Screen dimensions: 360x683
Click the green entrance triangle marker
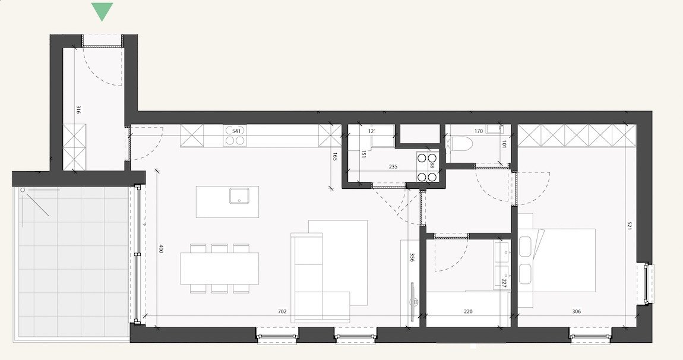(x=103, y=10)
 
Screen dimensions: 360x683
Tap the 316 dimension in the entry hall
(x=78, y=109)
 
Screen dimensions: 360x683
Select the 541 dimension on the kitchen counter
(x=236, y=131)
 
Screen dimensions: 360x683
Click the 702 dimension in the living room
(x=283, y=311)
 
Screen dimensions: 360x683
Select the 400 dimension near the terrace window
(x=160, y=249)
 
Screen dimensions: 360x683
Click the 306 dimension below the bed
(x=576, y=311)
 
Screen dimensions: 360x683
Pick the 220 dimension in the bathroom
(x=469, y=311)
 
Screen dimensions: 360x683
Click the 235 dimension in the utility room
(x=393, y=167)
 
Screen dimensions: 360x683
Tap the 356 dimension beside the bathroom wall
(x=412, y=257)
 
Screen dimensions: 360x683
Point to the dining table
(x=220, y=269)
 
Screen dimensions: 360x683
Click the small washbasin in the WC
(x=494, y=129)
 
